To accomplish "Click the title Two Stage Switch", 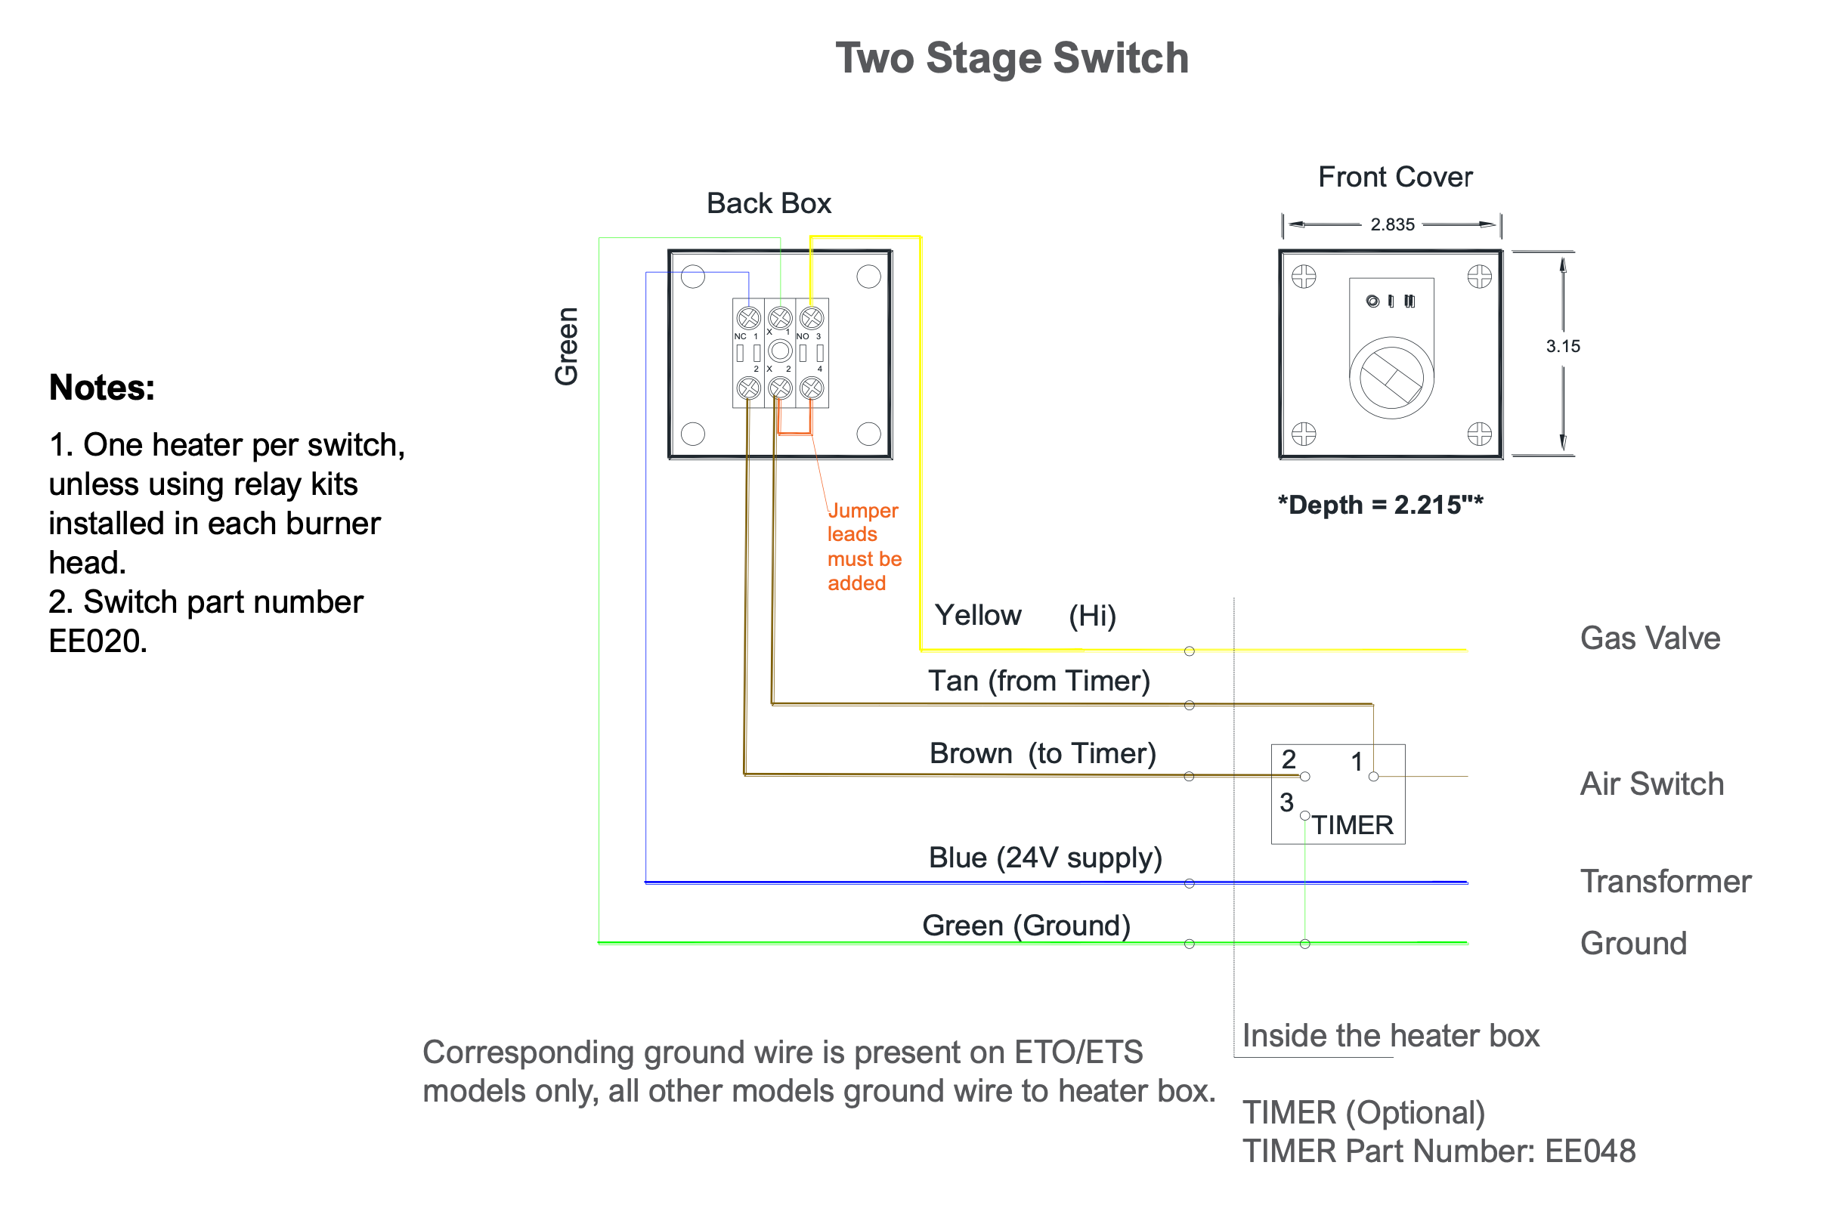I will [x=1011, y=58].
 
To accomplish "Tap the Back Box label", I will [x=768, y=203].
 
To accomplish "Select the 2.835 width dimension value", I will [x=1392, y=224].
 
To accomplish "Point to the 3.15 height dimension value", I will [x=1562, y=346].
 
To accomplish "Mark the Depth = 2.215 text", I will [x=1379, y=505].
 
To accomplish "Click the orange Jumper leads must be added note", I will [x=863, y=546].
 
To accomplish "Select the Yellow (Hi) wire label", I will [x=1024, y=615].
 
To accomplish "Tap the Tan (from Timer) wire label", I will [x=1038, y=681].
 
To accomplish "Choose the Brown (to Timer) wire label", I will [x=1042, y=753].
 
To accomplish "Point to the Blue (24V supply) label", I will [x=1044, y=858].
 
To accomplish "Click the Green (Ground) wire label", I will [x=1026, y=925].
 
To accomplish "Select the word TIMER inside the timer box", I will [x=1352, y=824].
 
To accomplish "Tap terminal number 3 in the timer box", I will [x=1286, y=802].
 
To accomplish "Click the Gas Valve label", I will [x=1650, y=638].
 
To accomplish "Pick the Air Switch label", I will [x=1651, y=784].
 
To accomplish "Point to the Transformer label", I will [x=1665, y=881].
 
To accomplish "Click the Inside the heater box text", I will [x=1390, y=1035].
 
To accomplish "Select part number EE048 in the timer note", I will [x=1589, y=1151].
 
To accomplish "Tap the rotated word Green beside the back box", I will [x=566, y=346].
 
